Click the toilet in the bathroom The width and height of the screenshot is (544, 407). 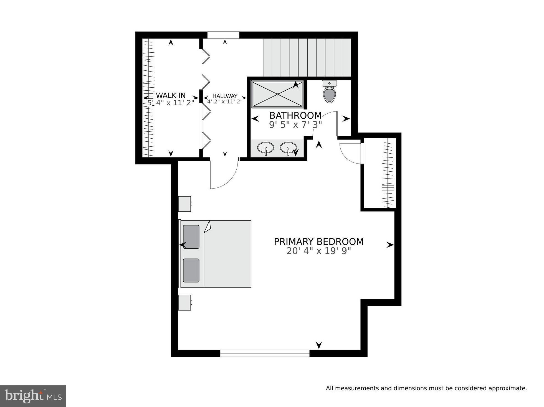pyautogui.click(x=329, y=93)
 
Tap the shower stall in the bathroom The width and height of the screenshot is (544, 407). pyautogui.click(x=277, y=94)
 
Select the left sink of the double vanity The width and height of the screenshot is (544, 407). pyautogui.click(x=265, y=148)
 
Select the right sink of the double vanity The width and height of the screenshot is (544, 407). pyautogui.click(x=288, y=147)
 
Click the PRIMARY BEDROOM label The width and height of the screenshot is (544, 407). pyautogui.click(x=318, y=242)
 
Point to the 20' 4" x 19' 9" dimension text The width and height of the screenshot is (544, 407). pyautogui.click(x=318, y=251)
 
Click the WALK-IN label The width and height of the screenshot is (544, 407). pyautogui.click(x=171, y=95)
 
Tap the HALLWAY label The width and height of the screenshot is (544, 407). pyautogui.click(x=225, y=96)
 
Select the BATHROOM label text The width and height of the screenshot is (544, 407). pyautogui.click(x=295, y=115)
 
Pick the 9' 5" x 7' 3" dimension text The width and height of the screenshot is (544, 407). pyautogui.click(x=295, y=125)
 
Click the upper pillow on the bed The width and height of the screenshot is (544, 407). pyautogui.click(x=191, y=236)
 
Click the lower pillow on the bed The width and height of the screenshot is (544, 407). pyautogui.click(x=191, y=270)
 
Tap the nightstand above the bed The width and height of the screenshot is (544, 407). pyautogui.click(x=184, y=204)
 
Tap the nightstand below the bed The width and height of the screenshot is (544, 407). pyautogui.click(x=184, y=302)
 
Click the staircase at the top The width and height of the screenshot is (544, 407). pyautogui.click(x=307, y=57)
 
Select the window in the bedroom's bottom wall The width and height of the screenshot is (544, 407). pyautogui.click(x=265, y=353)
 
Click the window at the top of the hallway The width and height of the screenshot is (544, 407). pyautogui.click(x=223, y=35)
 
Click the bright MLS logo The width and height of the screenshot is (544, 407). pyautogui.click(x=33, y=396)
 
